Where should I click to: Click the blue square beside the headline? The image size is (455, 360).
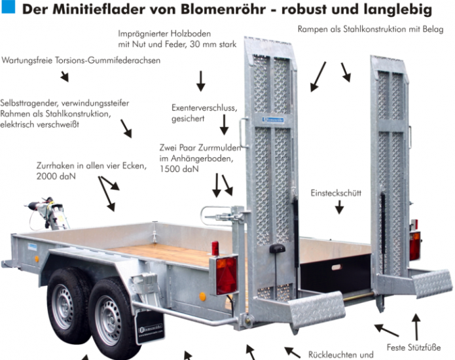click(x=8, y=7)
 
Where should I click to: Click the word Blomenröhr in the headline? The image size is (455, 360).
click(x=223, y=9)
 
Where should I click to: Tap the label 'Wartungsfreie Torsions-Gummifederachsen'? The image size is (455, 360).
click(x=81, y=60)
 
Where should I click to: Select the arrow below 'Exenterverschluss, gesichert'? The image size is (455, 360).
click(x=224, y=124)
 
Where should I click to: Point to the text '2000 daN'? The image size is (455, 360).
click(x=56, y=176)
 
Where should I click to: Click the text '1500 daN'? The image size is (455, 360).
click(x=179, y=169)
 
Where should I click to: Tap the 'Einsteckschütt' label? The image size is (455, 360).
click(x=336, y=193)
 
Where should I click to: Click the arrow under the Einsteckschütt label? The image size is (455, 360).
click(x=339, y=207)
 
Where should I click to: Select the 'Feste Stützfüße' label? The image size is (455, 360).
click(x=414, y=347)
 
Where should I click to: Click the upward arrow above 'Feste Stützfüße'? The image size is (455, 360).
click(x=416, y=327)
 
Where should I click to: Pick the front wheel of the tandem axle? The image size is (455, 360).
click(x=67, y=306)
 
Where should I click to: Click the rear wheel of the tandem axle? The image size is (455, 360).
click(x=112, y=320)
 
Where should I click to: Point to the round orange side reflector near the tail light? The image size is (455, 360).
click(x=202, y=297)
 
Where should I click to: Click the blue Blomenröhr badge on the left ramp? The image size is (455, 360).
click(x=273, y=120)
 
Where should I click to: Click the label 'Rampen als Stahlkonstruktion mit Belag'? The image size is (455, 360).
click(x=371, y=29)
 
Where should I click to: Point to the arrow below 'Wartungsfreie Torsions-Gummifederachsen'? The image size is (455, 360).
click(x=65, y=77)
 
